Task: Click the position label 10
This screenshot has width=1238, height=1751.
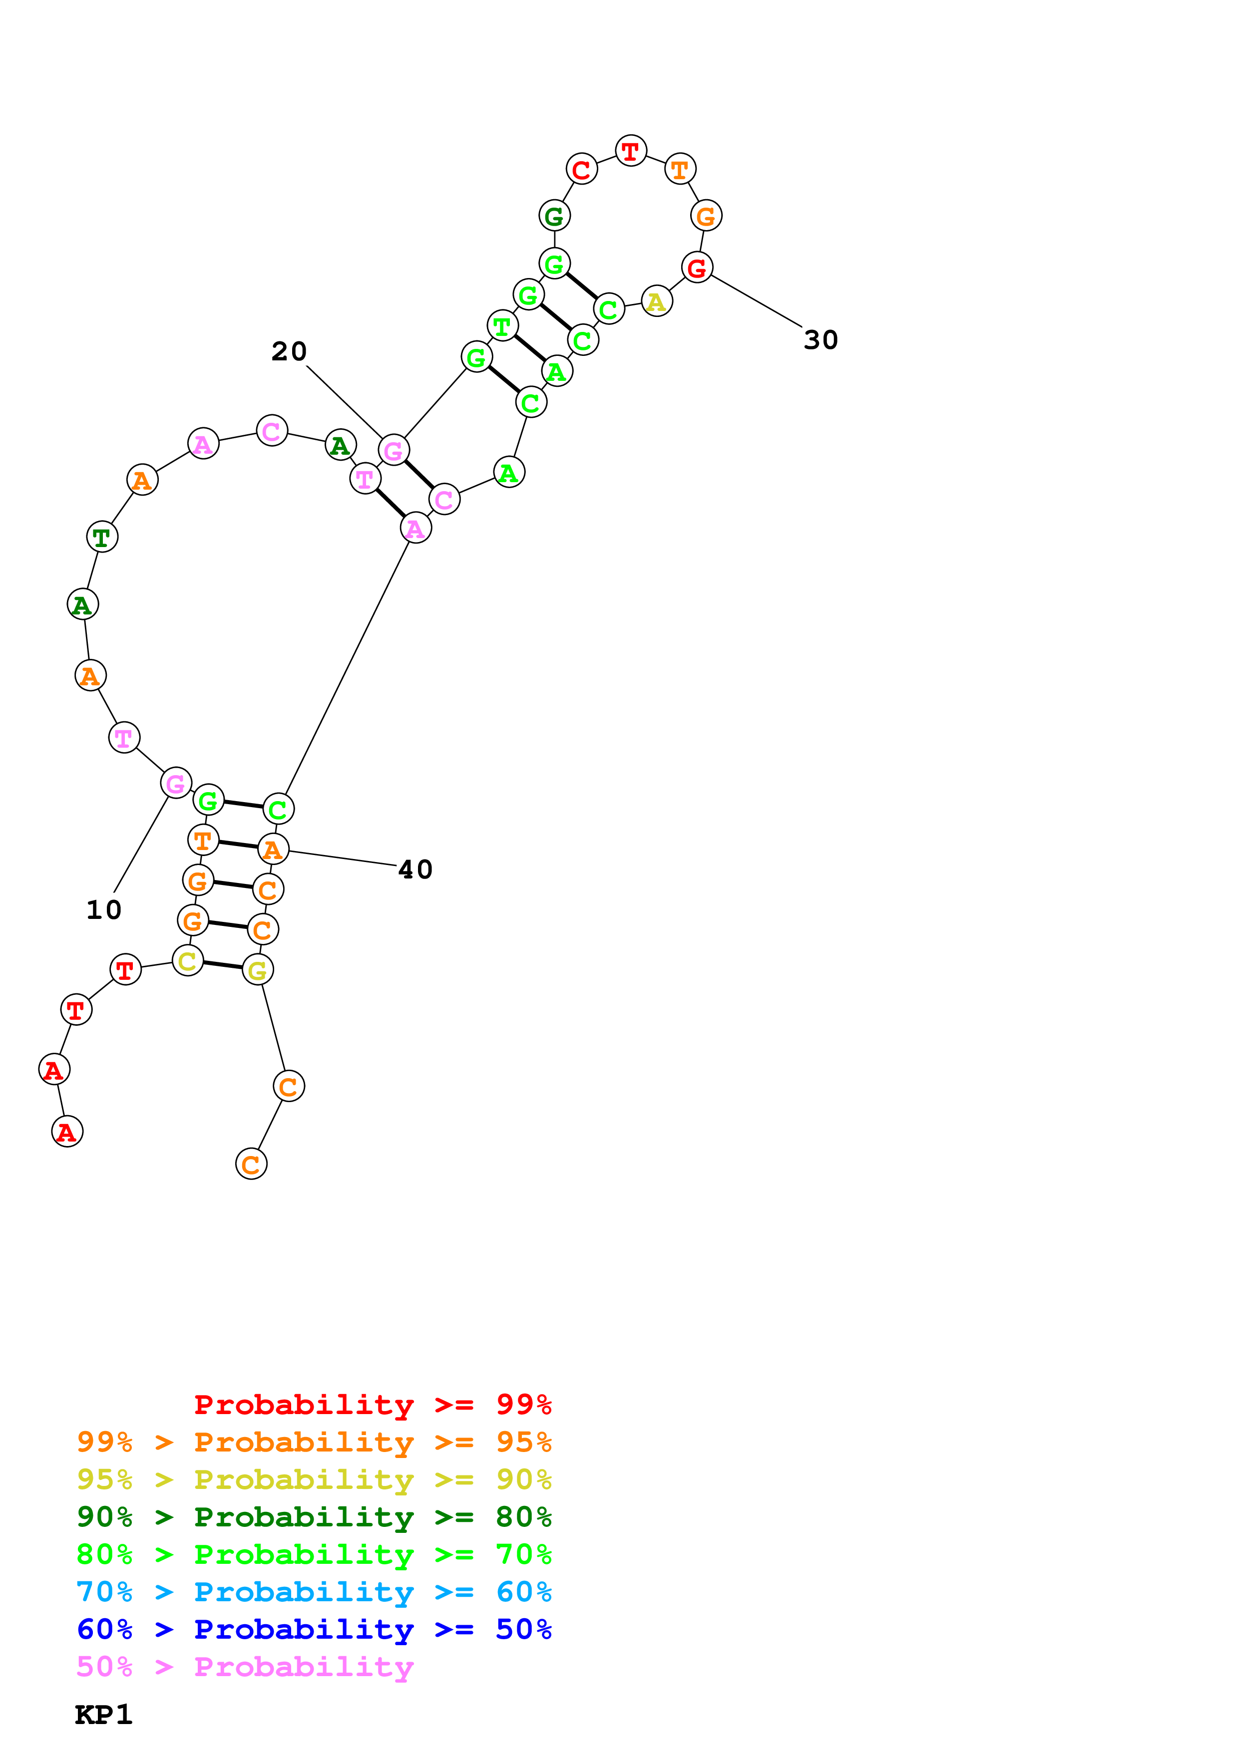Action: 104,910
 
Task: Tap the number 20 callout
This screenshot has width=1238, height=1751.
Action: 289,351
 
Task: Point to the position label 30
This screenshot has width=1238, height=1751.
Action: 821,340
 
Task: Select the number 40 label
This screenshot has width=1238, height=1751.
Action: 415,870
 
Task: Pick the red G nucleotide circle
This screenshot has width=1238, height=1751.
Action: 697,268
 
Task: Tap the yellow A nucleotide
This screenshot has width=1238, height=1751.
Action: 656,302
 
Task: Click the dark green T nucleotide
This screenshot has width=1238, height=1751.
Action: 101,537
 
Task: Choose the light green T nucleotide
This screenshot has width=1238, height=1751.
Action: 502,326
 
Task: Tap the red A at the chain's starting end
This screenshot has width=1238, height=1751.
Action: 67,1132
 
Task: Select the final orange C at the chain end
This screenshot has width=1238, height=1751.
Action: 251,1164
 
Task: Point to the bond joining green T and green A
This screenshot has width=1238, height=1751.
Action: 529,348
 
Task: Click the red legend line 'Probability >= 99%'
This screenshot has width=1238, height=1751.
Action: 372,1405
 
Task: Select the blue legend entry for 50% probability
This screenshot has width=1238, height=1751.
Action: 314,1630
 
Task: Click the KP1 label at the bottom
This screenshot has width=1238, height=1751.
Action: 104,1715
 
